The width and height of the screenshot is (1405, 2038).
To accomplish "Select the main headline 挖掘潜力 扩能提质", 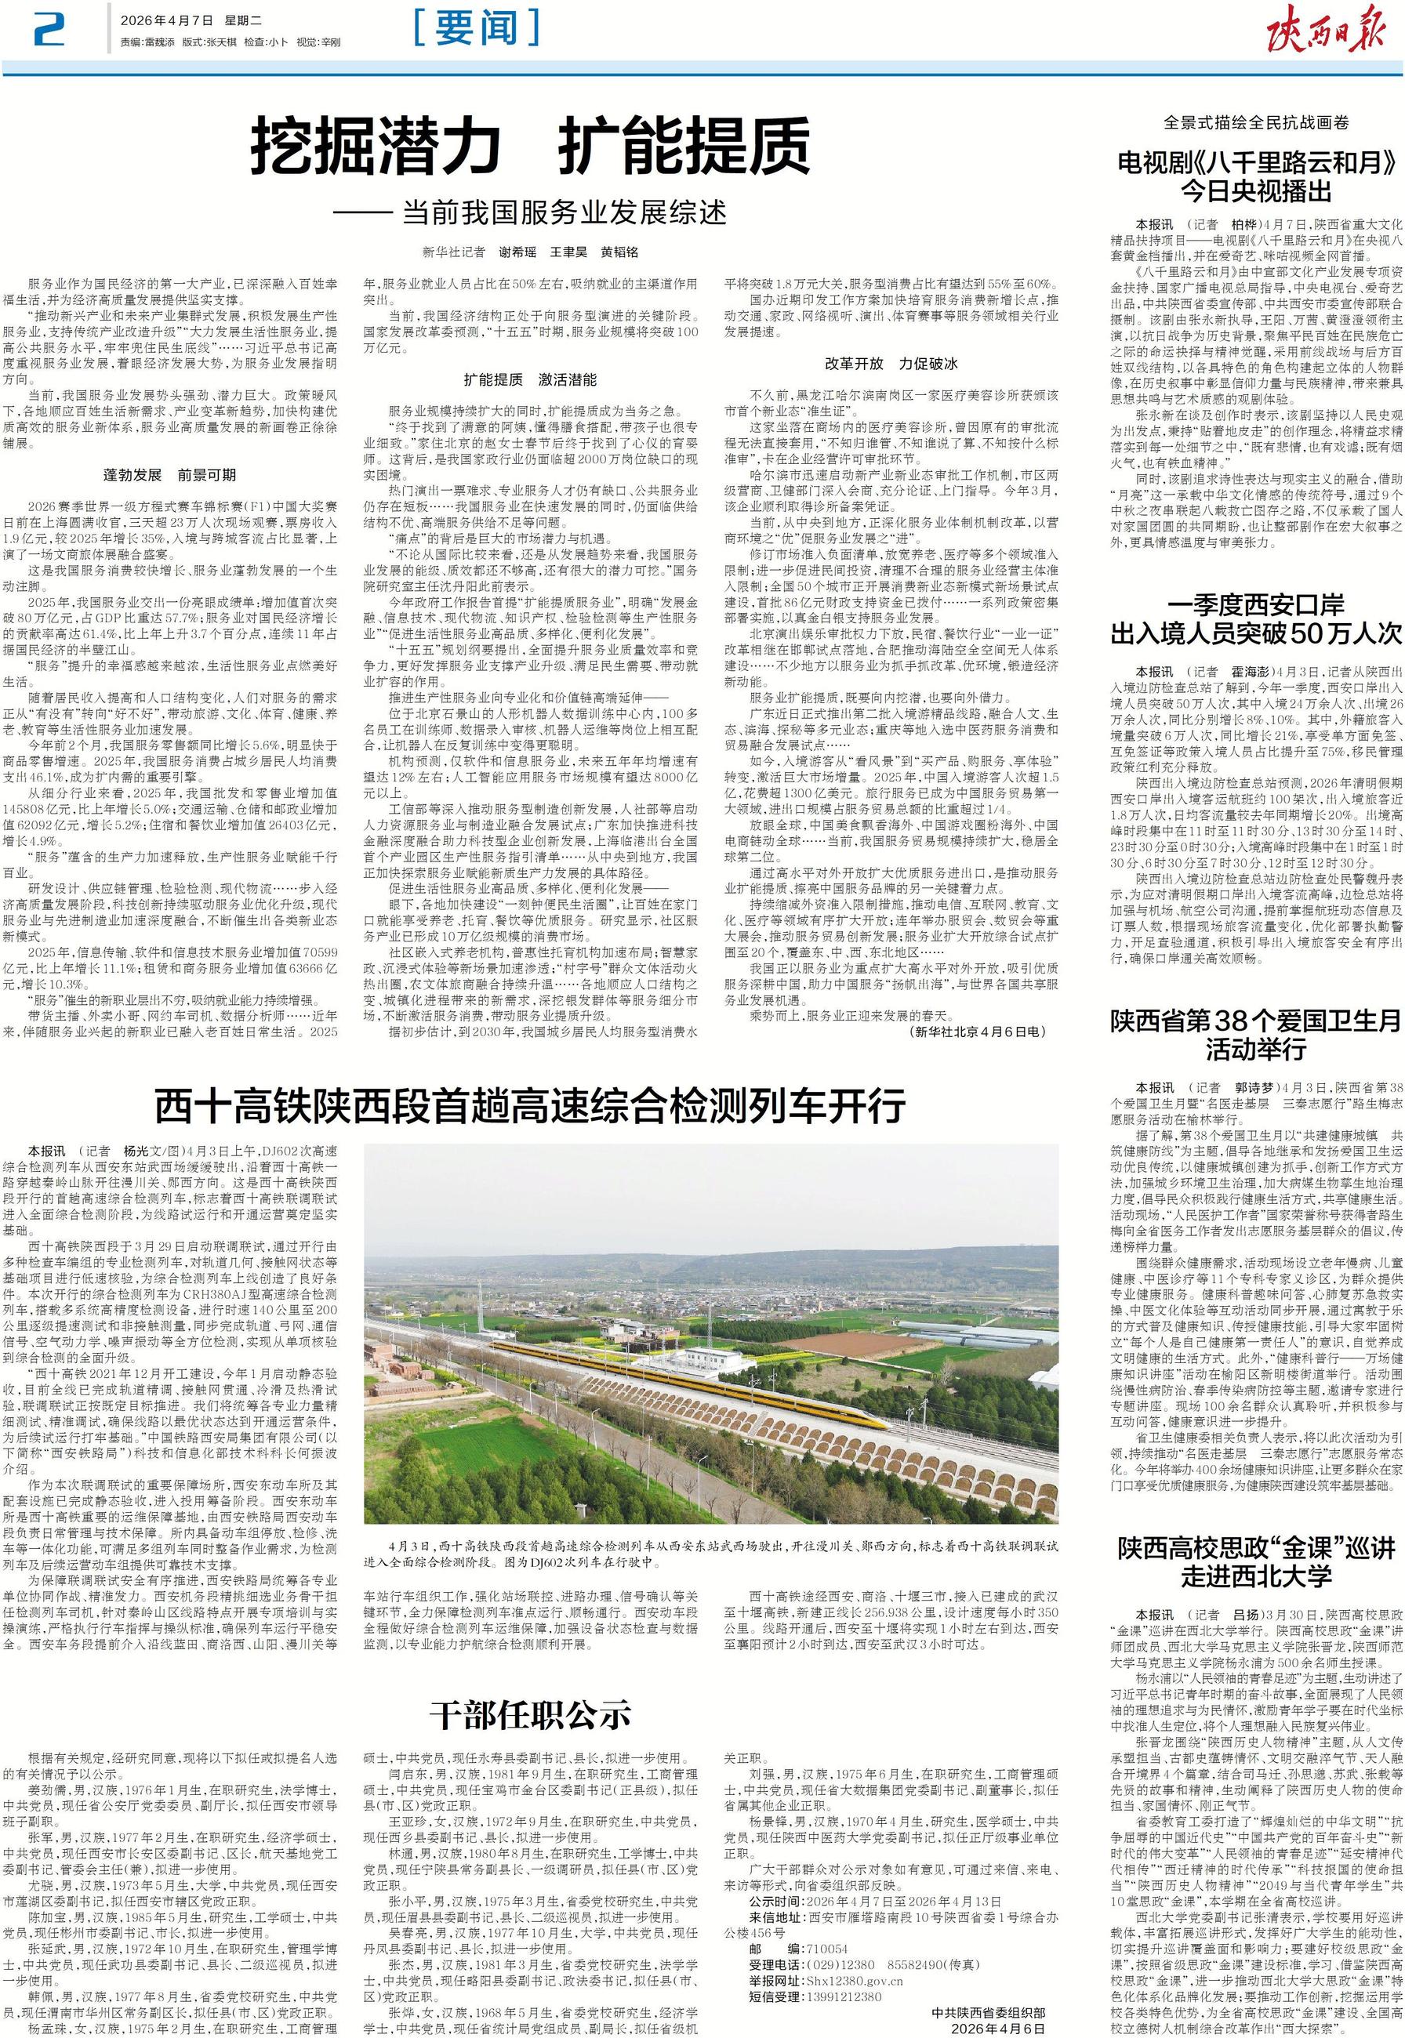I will pyautogui.click(x=531, y=149).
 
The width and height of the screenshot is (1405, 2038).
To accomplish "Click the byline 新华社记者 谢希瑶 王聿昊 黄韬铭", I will pyautogui.click(x=530, y=252).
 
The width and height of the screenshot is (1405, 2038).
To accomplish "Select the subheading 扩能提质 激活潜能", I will pyautogui.click(x=530, y=380).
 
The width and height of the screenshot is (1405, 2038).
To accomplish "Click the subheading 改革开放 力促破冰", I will pyautogui.click(x=890, y=363).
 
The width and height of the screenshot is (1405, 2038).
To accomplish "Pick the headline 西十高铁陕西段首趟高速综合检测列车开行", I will pyautogui.click(x=530, y=1105).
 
